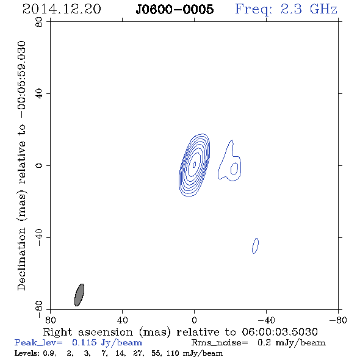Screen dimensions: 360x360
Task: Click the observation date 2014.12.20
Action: click(62, 9)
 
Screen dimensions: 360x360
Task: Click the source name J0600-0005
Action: click(175, 9)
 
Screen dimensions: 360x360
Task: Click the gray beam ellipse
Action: click(79, 295)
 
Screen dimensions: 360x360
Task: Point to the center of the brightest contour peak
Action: click(194, 164)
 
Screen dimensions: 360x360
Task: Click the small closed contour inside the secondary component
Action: click(234, 169)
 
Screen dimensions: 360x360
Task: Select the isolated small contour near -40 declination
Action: click(255, 246)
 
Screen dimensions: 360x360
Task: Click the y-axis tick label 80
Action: click(39, 22)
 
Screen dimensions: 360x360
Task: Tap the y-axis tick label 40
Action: click(39, 94)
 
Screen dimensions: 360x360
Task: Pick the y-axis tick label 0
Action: click(39, 165)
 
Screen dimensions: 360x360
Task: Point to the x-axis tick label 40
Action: click(122, 320)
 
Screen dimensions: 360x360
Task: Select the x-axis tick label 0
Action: click(194, 320)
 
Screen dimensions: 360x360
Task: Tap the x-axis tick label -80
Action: click(337, 320)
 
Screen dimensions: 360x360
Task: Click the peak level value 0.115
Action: click(84, 342)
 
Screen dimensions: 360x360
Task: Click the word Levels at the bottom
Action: click(24, 353)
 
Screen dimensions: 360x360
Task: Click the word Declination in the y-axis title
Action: click(21, 259)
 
